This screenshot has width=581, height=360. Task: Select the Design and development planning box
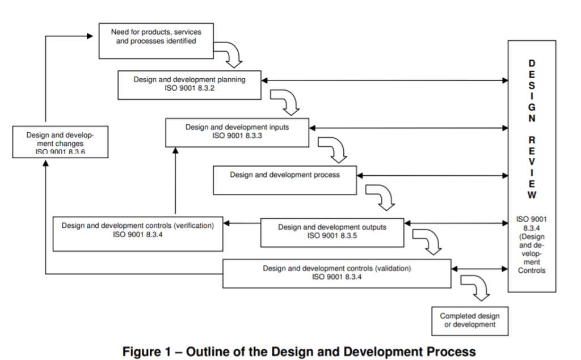(190, 84)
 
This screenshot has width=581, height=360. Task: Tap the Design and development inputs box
(237, 132)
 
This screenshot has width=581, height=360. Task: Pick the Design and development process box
(284, 179)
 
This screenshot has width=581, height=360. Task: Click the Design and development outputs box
(332, 231)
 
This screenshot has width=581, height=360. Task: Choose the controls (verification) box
(138, 233)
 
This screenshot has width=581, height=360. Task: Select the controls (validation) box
(336, 273)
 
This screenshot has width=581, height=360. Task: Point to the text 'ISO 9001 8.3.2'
(190, 88)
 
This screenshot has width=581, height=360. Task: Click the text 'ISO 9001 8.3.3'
(237, 136)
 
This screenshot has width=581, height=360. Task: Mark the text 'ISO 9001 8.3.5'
(332, 236)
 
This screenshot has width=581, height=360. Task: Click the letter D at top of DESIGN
(532, 63)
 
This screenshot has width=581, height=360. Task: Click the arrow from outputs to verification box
(242, 223)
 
